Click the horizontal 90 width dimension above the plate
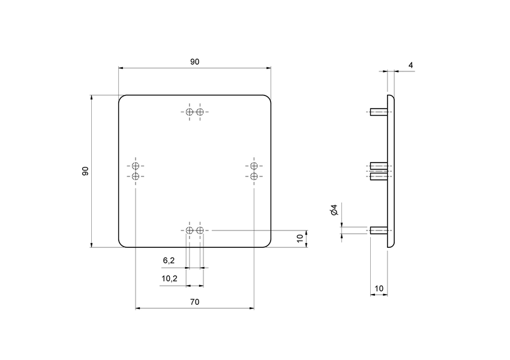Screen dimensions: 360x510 click(x=194, y=62)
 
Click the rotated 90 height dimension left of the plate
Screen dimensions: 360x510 click(x=85, y=171)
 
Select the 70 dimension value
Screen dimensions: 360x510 click(x=194, y=302)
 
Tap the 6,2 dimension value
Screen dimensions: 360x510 click(x=169, y=260)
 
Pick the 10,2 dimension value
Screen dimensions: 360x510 click(x=169, y=278)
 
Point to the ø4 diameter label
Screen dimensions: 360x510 click(x=334, y=210)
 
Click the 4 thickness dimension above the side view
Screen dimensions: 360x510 click(x=410, y=65)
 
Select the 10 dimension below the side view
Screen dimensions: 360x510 click(x=379, y=289)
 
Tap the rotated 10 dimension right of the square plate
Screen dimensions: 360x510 click(x=300, y=239)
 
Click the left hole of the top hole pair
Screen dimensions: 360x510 click(x=190, y=112)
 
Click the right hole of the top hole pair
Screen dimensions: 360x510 click(x=200, y=112)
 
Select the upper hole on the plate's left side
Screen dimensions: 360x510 click(x=136, y=166)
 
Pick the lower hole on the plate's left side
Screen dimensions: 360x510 click(x=136, y=176)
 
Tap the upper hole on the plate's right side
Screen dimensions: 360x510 click(x=254, y=166)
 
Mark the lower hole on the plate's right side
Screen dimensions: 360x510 click(x=254, y=176)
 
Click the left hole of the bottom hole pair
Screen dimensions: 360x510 click(x=190, y=230)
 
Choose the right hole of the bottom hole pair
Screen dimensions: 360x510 click(x=200, y=230)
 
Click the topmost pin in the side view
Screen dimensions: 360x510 click(x=379, y=112)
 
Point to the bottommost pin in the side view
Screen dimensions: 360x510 click(x=379, y=230)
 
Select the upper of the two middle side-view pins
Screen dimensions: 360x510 click(x=379, y=166)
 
